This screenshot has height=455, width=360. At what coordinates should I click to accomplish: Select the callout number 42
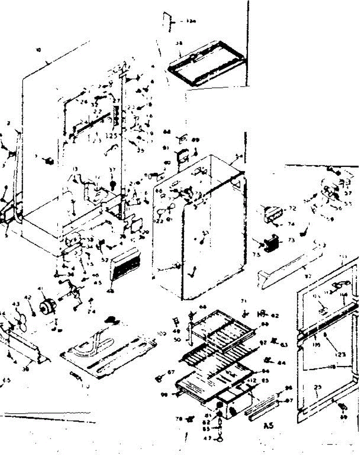tap(28, 298)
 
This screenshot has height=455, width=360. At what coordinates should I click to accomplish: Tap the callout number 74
tap(291, 224)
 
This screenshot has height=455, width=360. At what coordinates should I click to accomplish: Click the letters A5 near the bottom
tap(268, 425)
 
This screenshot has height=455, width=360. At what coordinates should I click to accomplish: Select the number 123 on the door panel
tap(341, 355)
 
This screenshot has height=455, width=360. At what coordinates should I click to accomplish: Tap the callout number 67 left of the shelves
tap(171, 372)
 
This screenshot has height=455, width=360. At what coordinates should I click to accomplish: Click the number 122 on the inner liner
tap(158, 221)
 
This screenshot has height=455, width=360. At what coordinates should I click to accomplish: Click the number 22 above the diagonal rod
tap(97, 111)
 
